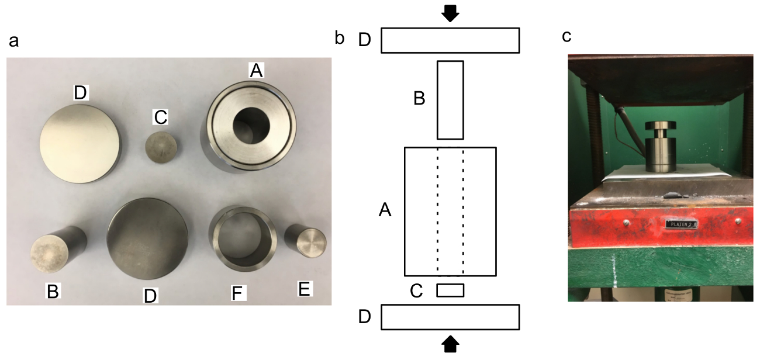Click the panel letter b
point(340,38)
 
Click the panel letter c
point(566,36)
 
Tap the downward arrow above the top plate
point(450,13)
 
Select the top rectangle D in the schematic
point(450,40)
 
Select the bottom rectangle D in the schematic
point(450,317)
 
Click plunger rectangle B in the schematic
point(450,100)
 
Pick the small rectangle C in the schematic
point(450,290)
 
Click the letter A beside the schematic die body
point(385,209)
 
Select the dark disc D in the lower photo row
point(147,239)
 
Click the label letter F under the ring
point(237,292)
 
